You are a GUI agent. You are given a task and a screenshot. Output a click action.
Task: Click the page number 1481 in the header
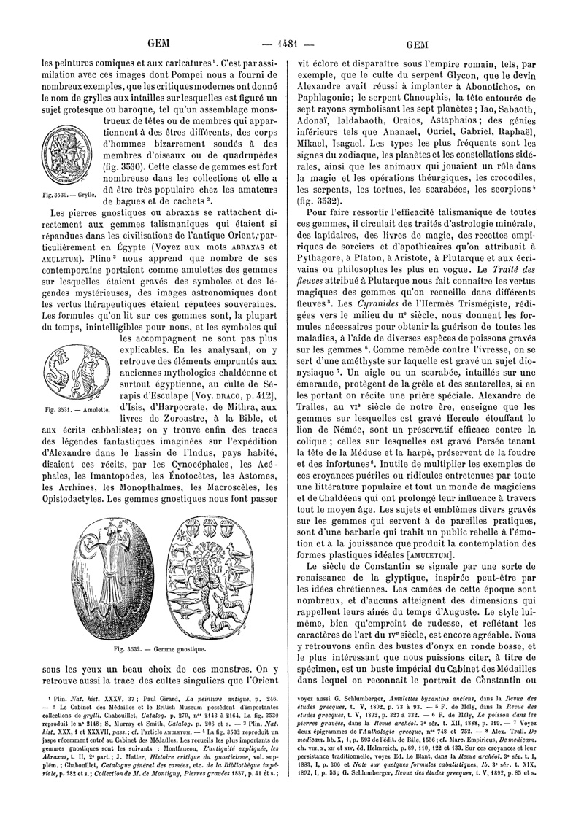pos(291,42)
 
